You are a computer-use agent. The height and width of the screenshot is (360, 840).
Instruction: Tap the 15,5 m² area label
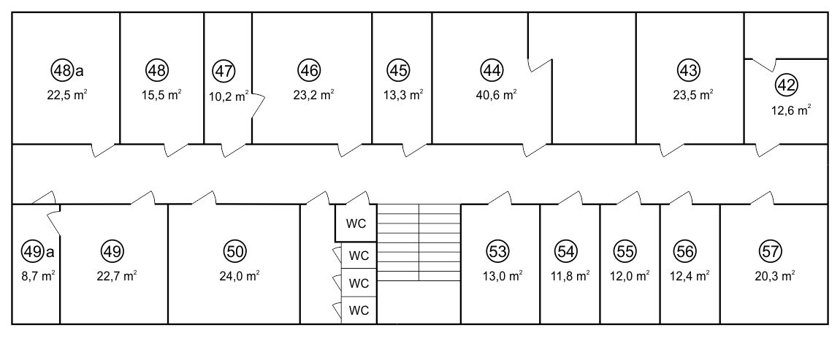point(161,96)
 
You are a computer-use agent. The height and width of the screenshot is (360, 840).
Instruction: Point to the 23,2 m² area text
point(314,96)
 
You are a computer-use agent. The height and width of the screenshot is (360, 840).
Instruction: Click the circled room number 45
point(399,70)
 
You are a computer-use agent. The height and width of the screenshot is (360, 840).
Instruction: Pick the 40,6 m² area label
point(496,96)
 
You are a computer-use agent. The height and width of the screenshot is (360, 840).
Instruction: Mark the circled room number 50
point(234,251)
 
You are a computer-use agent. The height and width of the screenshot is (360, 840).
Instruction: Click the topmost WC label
point(356,224)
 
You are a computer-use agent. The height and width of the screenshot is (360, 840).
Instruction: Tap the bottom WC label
point(359,310)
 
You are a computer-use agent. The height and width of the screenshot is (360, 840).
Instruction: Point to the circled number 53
point(498,251)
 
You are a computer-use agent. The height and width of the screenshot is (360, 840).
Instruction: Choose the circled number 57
point(771,251)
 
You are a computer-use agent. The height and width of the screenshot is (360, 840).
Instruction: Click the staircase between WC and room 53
point(419,242)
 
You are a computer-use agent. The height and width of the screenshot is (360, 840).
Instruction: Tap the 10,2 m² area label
point(229,97)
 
